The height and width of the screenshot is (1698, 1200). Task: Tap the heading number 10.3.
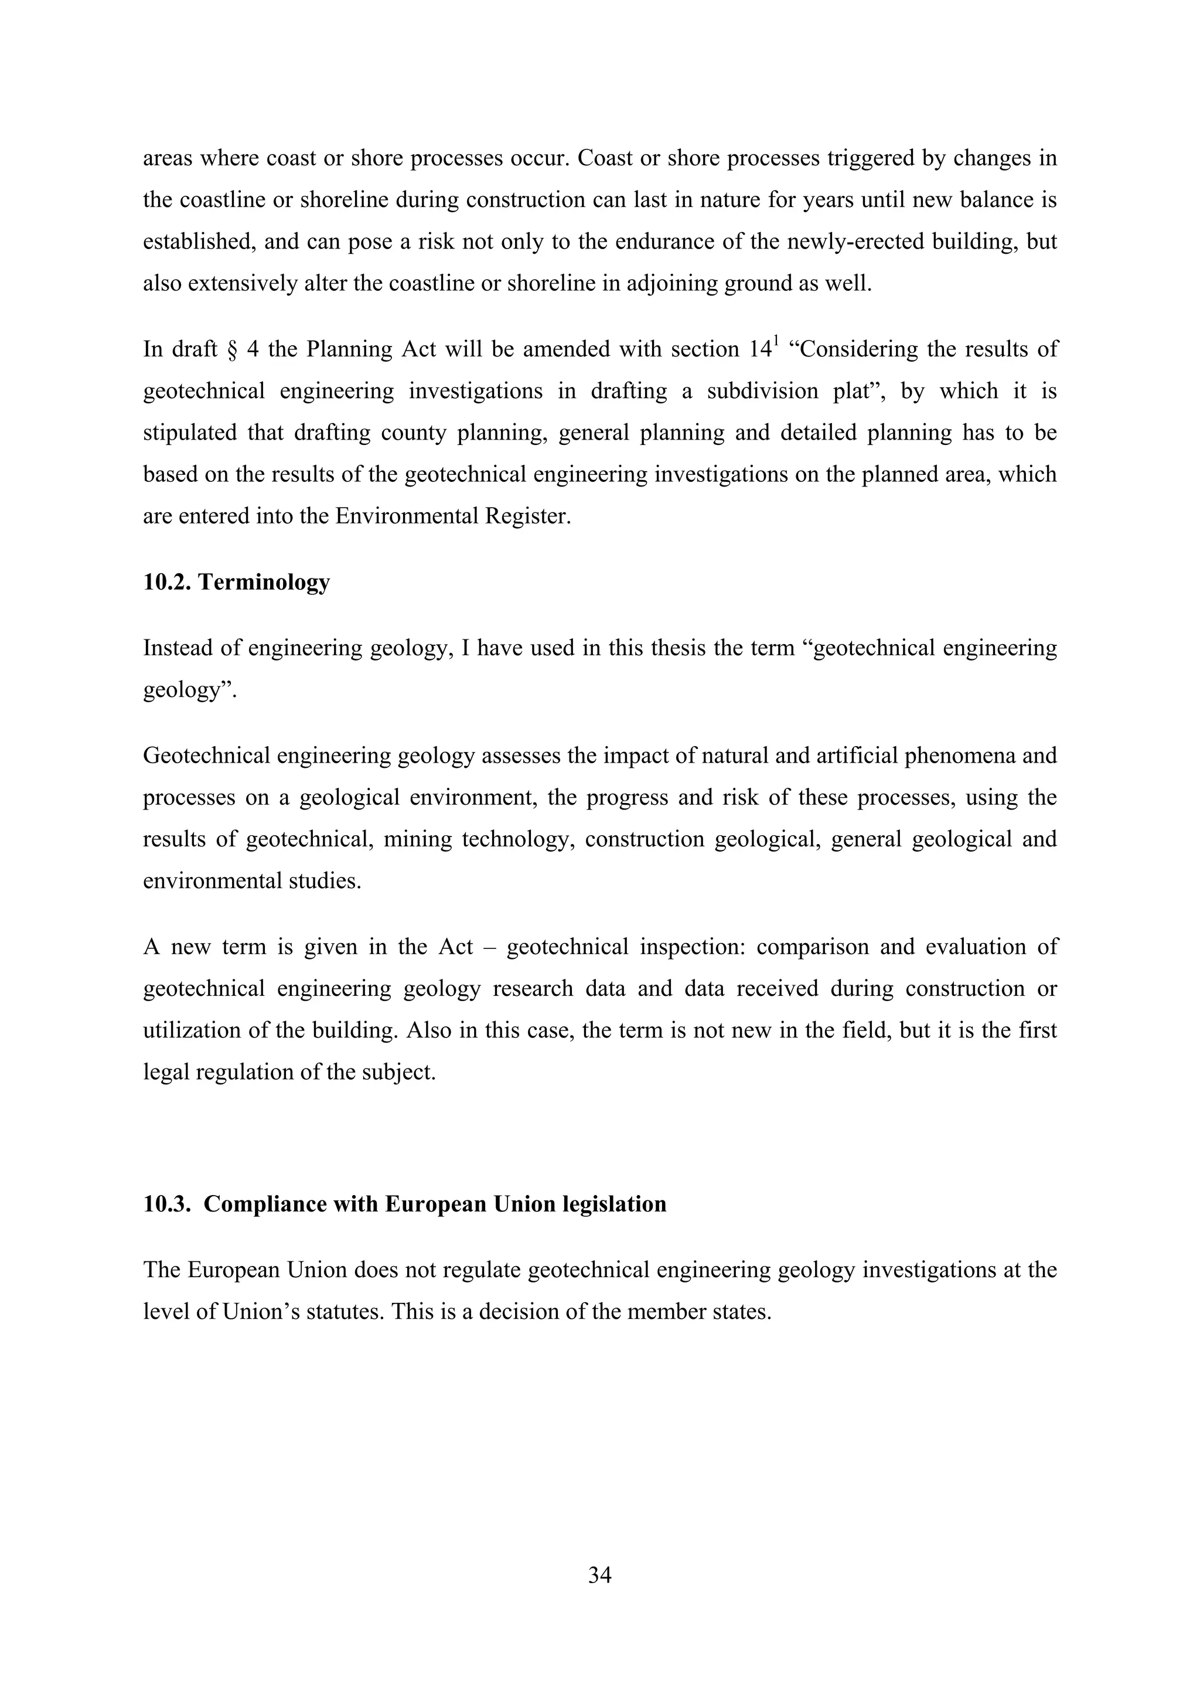click(x=167, y=1203)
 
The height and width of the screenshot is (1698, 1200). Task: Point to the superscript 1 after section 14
click(x=776, y=342)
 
